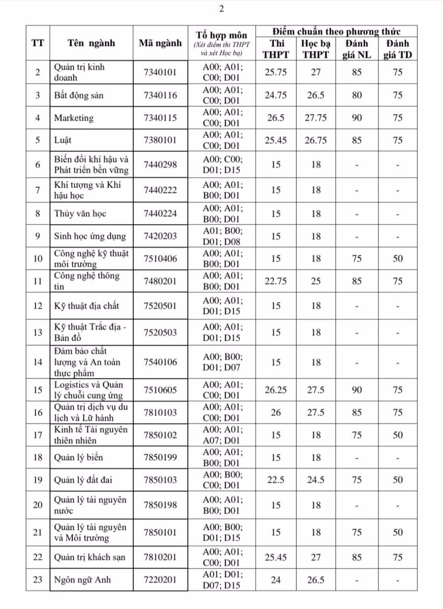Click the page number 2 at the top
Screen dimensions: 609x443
pos(221,8)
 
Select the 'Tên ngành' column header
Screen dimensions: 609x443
pos(91,43)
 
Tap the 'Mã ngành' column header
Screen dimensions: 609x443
pos(160,43)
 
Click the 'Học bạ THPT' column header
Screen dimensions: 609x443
pos(316,49)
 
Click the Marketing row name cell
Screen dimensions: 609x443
pos(74,118)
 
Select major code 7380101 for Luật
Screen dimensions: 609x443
pos(160,140)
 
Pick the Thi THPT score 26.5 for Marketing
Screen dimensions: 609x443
pos(276,118)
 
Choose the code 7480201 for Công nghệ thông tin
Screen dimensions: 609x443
pos(160,281)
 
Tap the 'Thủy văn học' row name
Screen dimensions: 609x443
pos(80,213)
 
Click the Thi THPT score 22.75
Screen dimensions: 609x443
pos(276,281)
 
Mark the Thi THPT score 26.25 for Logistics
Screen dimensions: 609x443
pos(276,390)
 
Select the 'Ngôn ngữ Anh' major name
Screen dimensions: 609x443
pos(82,579)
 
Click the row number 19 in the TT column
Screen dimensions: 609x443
pos(38,480)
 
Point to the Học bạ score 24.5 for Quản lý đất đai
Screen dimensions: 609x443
pos(316,480)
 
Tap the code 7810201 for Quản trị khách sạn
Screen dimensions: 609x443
pos(160,557)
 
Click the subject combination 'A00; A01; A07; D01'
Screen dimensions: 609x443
pos(223,435)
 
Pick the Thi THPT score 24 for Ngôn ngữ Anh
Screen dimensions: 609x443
pos(276,579)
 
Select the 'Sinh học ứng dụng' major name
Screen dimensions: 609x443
pos(90,236)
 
